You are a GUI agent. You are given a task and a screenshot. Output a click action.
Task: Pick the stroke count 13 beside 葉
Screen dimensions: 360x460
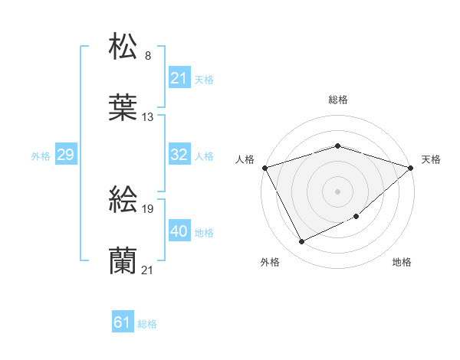[148, 117]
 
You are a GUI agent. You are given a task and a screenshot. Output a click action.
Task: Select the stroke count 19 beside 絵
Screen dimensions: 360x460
[148, 209]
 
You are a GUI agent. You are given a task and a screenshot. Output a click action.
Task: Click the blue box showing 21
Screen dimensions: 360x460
[179, 77]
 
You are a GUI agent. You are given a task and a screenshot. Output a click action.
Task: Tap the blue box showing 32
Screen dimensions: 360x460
[179, 155]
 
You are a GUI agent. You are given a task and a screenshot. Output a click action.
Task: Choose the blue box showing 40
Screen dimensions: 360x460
[179, 231]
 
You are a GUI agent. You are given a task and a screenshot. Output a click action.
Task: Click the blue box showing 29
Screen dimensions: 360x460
[65, 155]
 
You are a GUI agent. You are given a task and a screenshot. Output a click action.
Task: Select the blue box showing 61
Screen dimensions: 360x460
[123, 322]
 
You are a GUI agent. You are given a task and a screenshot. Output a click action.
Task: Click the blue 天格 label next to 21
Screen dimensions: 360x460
[204, 79]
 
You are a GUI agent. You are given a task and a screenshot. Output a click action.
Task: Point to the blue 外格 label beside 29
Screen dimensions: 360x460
[41, 155]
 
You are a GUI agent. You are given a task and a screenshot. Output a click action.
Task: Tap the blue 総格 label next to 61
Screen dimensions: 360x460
[147, 324]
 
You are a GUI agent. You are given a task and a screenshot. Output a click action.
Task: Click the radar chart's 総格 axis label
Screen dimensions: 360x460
[338, 100]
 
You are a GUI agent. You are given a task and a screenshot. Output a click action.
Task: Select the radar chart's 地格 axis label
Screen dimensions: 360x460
[402, 262]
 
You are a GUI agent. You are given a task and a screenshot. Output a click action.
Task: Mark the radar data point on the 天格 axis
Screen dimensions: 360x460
[411, 168]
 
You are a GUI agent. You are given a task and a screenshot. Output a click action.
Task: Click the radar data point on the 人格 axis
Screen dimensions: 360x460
[264, 168]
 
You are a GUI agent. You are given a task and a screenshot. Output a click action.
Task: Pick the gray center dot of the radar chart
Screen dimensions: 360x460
[338, 191]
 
